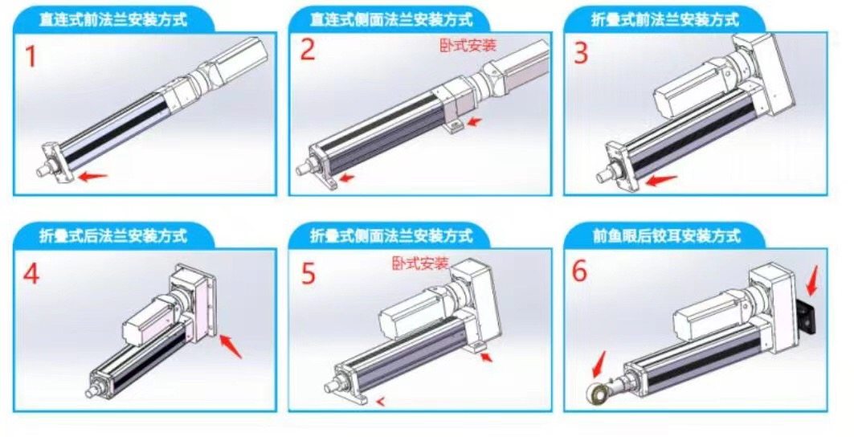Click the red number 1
click(31, 57)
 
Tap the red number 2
click(308, 49)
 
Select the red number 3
click(581, 53)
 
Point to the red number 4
click(31, 273)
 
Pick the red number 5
click(309, 273)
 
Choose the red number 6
click(579, 271)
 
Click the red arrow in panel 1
click(92, 176)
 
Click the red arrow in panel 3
click(660, 180)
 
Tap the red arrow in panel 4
click(231, 346)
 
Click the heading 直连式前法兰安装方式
click(112, 19)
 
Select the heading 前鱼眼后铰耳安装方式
click(666, 236)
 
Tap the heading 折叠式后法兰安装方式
click(112, 236)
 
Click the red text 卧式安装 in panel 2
click(468, 45)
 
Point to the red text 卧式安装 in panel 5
click(420, 263)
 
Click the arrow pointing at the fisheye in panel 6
click(599, 364)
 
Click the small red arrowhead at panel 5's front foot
click(381, 402)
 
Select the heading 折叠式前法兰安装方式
click(665, 19)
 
